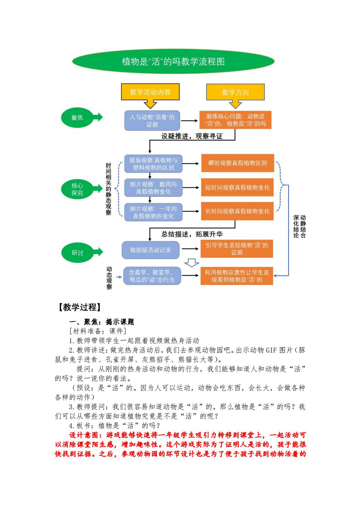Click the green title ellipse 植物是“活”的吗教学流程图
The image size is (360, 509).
(x=173, y=61)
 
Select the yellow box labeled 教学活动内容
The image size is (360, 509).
(x=151, y=92)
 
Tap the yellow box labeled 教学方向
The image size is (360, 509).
(x=235, y=92)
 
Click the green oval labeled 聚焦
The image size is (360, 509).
(x=77, y=118)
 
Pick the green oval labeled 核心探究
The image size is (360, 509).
(x=77, y=189)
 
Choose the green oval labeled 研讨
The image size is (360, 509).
(x=78, y=252)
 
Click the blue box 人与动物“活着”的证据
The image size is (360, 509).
(x=152, y=121)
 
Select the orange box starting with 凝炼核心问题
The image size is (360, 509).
(x=235, y=120)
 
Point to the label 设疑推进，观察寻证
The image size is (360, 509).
(x=192, y=136)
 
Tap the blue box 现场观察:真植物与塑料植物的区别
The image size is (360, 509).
(x=153, y=164)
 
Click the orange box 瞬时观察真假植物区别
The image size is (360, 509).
(x=237, y=163)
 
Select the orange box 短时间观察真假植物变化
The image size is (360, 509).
(x=237, y=187)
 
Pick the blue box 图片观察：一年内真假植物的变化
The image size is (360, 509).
(x=153, y=212)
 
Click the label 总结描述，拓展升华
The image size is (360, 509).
(x=192, y=234)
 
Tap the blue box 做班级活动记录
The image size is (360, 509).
(x=151, y=250)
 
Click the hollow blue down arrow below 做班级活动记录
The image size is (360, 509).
(x=191, y=263)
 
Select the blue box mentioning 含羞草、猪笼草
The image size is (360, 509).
(x=152, y=276)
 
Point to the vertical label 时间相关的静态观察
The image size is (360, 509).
(x=109, y=189)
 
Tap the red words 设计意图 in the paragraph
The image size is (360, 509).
(x=84, y=435)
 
